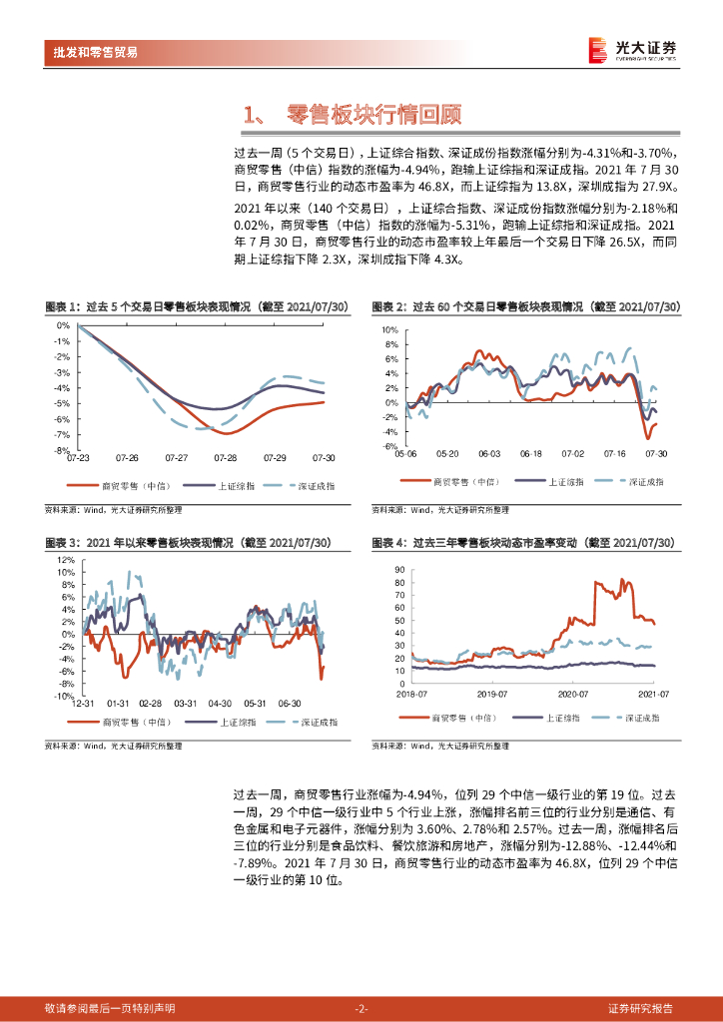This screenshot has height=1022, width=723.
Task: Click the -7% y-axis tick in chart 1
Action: (62, 435)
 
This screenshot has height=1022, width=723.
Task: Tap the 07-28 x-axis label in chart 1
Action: (226, 457)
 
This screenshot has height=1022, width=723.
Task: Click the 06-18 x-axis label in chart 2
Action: (530, 453)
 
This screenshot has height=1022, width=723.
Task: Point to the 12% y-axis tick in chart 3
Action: (64, 560)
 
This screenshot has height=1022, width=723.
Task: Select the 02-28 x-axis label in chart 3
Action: (151, 703)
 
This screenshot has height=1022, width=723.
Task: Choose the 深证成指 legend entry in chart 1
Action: (317, 485)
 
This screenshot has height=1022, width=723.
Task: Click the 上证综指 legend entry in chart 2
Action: (566, 482)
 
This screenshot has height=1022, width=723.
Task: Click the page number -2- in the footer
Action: (361, 1008)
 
